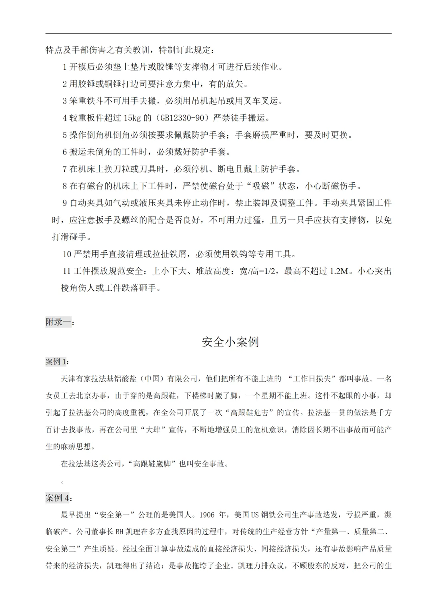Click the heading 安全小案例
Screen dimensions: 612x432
[230, 342]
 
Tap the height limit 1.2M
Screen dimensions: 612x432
[339, 271]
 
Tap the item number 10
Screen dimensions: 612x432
[67, 254]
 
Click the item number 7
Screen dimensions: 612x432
[64, 169]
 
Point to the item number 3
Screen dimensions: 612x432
[64, 101]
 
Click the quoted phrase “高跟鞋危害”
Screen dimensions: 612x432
[249, 413]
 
